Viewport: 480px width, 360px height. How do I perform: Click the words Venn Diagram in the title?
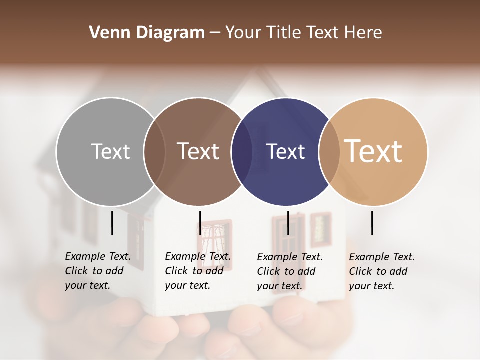147,33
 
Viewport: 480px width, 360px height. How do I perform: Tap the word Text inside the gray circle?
110,151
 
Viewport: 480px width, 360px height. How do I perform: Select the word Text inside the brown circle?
198,151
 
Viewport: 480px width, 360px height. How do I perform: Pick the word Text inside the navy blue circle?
286,151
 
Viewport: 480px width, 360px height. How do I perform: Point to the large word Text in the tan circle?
373,151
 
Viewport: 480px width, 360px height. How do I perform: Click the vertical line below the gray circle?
112,223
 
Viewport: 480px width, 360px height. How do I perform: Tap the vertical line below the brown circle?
200,223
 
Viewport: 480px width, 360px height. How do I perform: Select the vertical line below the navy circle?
288,223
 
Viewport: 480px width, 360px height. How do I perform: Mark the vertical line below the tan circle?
372,223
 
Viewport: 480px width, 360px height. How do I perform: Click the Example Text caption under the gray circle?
97,271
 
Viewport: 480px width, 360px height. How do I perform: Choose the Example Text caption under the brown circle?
197,271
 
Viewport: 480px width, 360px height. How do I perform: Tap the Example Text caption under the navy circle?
290,271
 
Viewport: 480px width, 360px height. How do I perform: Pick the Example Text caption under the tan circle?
382,271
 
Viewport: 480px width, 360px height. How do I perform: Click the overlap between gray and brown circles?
154,152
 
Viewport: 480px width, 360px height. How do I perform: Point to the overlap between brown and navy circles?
242,152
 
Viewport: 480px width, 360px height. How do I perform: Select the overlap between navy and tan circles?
329,152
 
